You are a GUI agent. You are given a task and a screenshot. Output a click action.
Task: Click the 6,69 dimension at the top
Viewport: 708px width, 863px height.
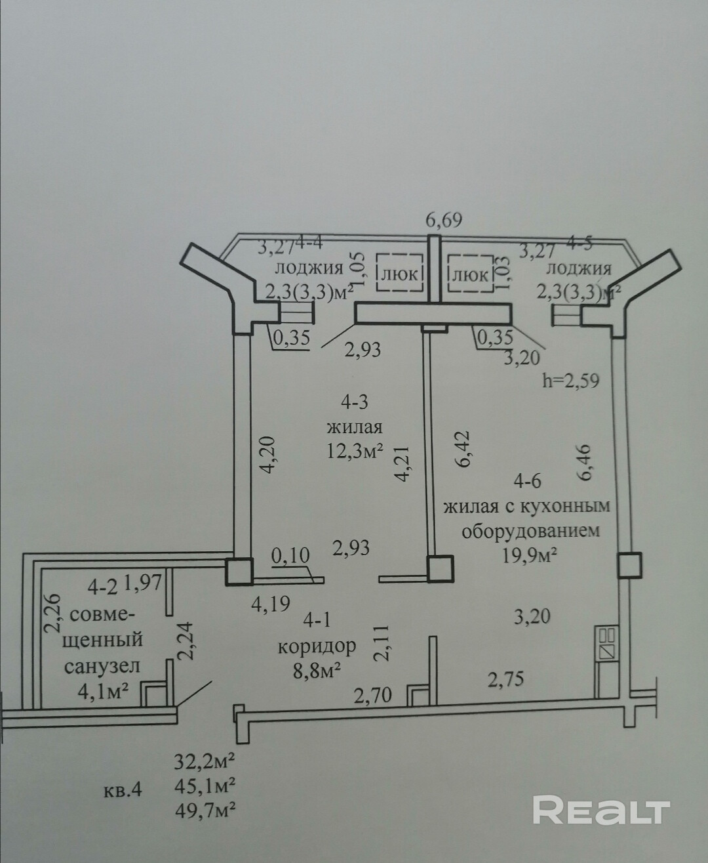(444, 219)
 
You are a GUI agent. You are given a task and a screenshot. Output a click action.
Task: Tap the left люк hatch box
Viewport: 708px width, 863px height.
(398, 274)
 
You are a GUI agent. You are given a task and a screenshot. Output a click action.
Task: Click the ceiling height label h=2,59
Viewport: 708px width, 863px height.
(571, 381)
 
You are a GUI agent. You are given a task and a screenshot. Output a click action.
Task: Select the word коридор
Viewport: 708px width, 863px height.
(317, 646)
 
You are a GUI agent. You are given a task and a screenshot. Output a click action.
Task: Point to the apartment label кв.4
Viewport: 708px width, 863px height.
(123, 789)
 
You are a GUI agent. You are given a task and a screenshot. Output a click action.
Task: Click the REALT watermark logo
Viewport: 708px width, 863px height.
(600, 810)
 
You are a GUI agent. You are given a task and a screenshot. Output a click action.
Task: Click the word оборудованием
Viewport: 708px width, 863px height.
(530, 530)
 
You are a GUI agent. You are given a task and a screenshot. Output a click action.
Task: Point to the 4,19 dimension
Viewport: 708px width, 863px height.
(271, 602)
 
